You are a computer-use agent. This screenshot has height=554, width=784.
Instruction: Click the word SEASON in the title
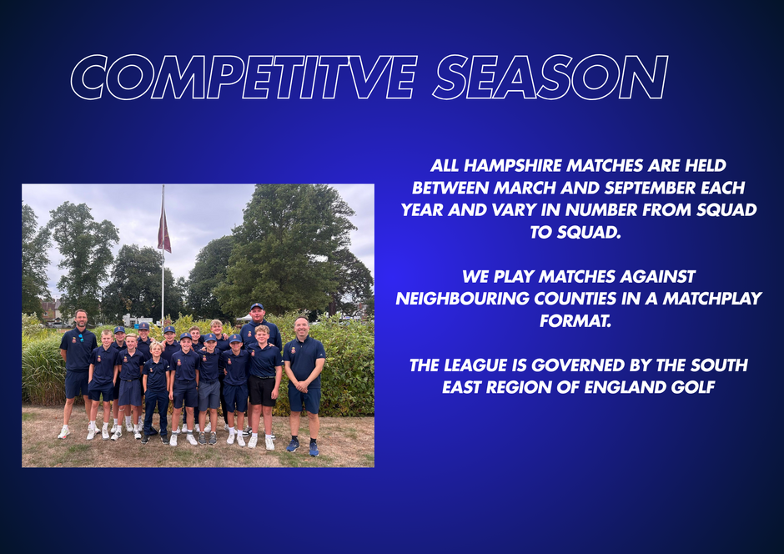coord(550,78)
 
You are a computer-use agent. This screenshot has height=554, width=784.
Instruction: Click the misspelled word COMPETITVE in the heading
coord(244,78)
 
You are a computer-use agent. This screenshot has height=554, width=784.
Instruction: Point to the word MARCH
coord(525,188)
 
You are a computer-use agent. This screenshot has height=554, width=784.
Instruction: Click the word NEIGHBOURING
coord(463,299)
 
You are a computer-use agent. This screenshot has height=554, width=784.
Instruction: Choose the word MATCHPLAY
coord(712,299)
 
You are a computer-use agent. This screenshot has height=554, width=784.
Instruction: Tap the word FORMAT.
coord(575,320)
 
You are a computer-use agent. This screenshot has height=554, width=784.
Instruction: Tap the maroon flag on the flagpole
coord(164,231)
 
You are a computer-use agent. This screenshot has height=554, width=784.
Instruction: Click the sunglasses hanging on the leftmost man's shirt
coord(81,338)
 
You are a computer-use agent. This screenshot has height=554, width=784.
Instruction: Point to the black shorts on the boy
coord(263,390)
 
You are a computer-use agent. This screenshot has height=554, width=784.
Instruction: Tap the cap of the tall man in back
coord(257,306)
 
